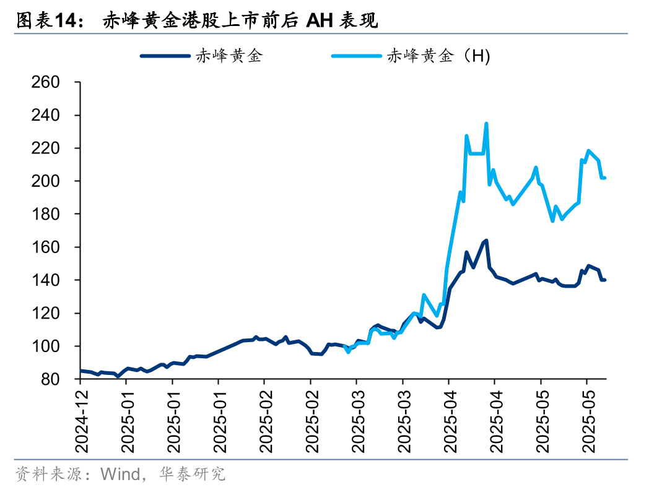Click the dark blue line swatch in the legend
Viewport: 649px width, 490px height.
(165, 56)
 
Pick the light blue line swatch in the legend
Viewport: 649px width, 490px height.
(356, 56)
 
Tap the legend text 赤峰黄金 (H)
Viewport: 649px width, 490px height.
(438, 56)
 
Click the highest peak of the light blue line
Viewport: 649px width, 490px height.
(486, 124)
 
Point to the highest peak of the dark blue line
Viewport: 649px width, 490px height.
(486, 241)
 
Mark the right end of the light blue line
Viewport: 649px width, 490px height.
(604, 178)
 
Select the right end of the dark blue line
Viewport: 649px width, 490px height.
(604, 280)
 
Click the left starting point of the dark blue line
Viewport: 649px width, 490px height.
(81, 371)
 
